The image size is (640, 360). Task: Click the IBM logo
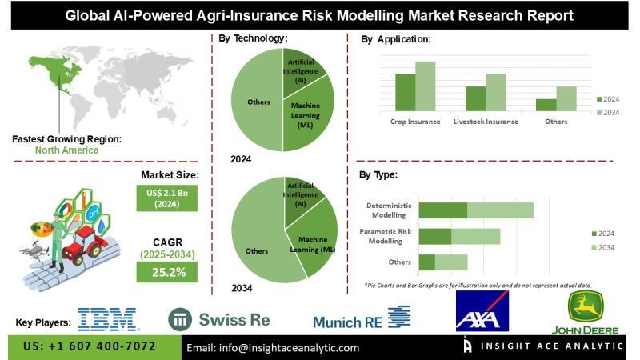(x=108, y=319)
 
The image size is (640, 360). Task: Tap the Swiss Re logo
(x=219, y=319)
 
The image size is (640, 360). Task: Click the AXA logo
(x=482, y=311)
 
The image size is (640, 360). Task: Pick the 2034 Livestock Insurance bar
(x=496, y=92)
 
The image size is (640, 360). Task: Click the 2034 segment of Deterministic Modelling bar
(x=500, y=210)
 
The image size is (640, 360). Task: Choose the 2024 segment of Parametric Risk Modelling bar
(x=435, y=237)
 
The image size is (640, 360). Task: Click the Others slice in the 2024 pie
(x=254, y=102)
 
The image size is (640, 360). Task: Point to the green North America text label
(x=67, y=150)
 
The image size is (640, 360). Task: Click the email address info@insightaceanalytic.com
(x=273, y=348)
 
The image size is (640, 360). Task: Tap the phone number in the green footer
(x=90, y=347)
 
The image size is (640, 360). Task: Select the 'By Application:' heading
(x=396, y=39)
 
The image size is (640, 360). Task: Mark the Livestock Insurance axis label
(x=486, y=122)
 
